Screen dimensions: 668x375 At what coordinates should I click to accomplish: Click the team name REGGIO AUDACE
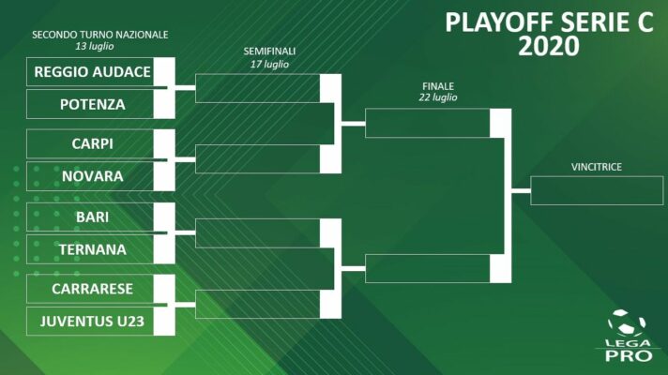93,72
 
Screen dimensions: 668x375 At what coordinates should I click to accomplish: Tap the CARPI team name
93,143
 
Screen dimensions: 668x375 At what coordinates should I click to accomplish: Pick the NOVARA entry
93,176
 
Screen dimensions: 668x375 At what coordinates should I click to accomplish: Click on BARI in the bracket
93,217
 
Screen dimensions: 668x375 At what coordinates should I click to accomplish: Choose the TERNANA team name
93,249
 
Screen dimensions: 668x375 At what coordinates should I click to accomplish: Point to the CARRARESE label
93,289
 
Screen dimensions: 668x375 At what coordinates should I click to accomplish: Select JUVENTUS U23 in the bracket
93,322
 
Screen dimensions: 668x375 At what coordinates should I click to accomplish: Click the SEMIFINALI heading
269,52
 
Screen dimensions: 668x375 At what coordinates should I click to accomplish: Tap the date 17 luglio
269,65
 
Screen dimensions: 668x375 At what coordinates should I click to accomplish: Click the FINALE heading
438,86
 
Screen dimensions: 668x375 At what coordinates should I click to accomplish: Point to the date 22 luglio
438,97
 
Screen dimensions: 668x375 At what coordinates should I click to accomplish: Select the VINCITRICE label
597,167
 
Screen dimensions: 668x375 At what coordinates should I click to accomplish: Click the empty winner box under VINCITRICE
597,190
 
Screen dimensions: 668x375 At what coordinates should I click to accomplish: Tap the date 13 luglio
95,46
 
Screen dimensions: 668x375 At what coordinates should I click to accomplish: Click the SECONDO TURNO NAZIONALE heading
100,35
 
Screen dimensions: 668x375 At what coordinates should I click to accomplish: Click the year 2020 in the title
549,46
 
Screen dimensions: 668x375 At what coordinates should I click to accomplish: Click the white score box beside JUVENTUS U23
164,322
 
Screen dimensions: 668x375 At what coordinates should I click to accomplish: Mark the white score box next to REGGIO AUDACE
164,72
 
